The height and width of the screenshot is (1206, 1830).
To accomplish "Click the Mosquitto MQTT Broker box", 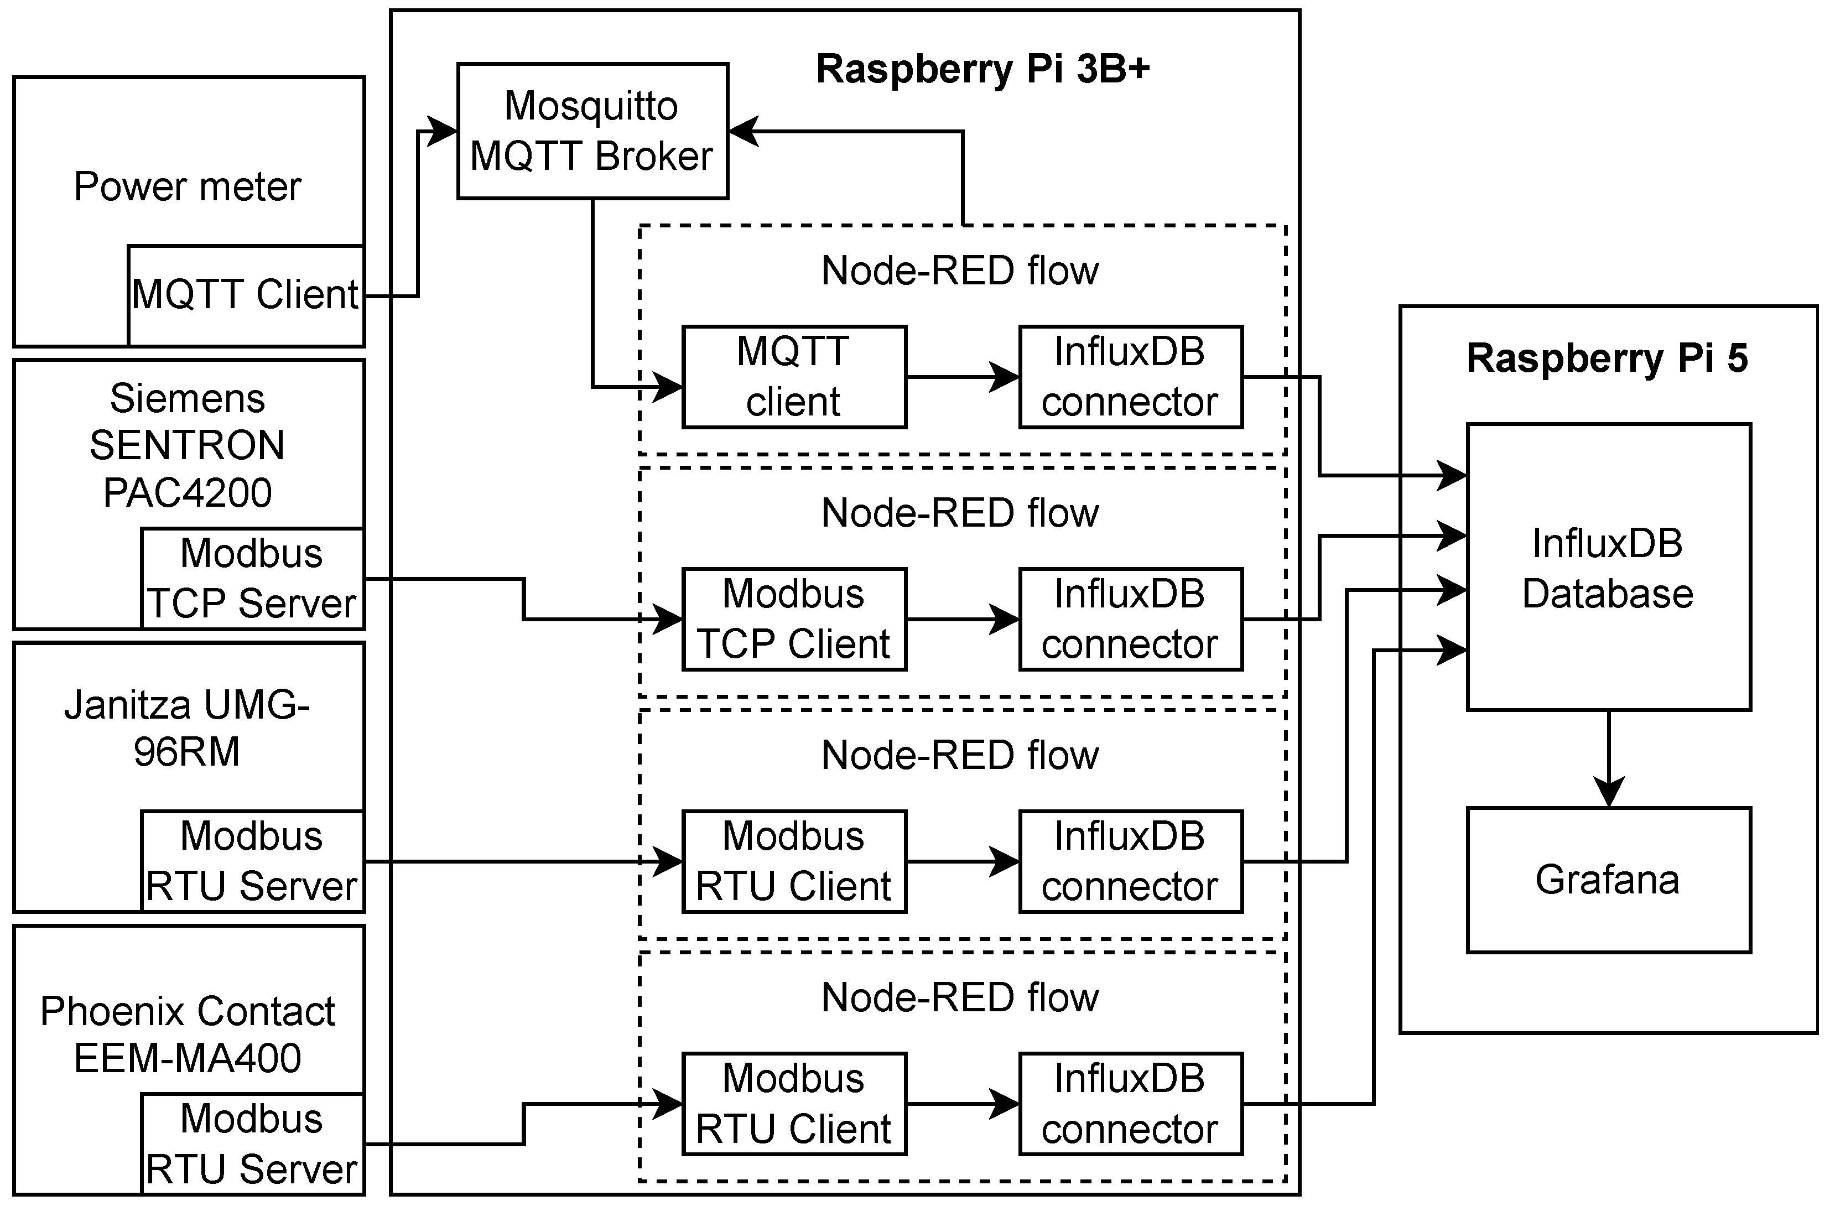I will (x=592, y=131).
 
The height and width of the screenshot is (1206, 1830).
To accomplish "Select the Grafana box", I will (x=1609, y=880).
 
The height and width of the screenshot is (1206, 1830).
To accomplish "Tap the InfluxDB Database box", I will (x=1609, y=568).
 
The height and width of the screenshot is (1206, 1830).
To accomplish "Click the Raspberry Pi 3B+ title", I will (x=982, y=69).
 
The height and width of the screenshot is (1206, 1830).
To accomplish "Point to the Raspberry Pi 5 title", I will (x=1607, y=358).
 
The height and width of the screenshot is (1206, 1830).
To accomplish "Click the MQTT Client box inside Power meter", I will (x=245, y=295).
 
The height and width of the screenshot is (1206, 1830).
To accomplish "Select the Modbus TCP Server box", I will (x=252, y=579).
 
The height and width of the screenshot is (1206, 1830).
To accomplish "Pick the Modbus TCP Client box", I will (x=794, y=619).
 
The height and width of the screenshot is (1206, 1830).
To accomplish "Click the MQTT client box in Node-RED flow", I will (x=794, y=377).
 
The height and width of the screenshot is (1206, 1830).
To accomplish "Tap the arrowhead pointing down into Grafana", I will (x=1609, y=792).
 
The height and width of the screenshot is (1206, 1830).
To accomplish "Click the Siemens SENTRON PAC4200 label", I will (x=188, y=445).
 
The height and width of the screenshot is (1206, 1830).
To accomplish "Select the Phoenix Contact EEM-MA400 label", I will (x=188, y=1034).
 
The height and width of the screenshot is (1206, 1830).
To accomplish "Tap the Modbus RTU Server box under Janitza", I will (x=252, y=861).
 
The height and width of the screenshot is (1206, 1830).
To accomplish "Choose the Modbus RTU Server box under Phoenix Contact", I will (x=252, y=1143).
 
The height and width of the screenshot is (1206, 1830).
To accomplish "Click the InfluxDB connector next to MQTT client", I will (x=1130, y=377).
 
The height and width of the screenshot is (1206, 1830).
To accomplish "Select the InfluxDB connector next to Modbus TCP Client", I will (x=1130, y=619).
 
